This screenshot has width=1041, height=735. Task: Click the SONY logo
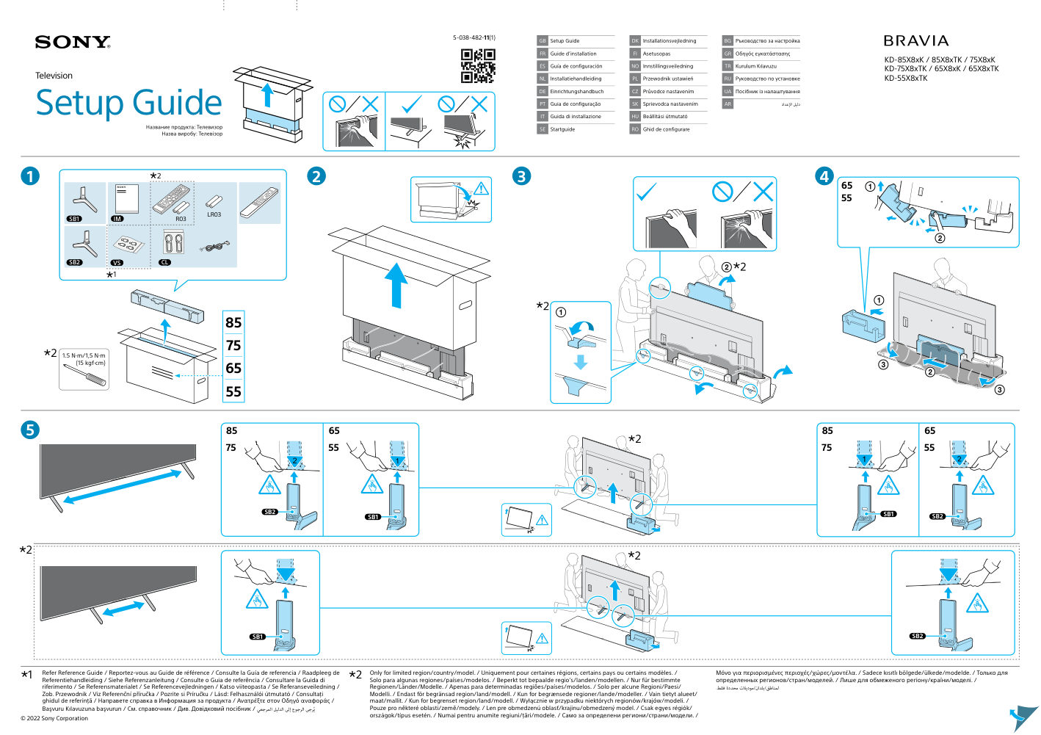(x=72, y=43)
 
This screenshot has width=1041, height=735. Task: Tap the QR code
(x=478, y=65)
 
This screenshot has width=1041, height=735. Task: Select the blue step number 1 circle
(x=30, y=176)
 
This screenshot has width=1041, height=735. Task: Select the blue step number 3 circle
(x=521, y=176)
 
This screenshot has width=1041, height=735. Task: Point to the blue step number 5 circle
(x=30, y=430)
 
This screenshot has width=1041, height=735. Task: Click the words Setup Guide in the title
(x=128, y=103)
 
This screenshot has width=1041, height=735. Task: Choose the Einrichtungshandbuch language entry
(x=576, y=92)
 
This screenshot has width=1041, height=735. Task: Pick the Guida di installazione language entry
(x=575, y=117)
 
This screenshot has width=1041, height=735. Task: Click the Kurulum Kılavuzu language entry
(x=755, y=66)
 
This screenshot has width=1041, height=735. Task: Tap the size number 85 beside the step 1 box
(x=233, y=322)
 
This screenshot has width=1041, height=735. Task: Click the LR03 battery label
(x=214, y=214)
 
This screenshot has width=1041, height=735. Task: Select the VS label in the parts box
(x=117, y=262)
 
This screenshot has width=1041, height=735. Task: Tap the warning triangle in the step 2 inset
(x=482, y=189)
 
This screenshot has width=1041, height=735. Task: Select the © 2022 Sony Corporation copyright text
(x=54, y=718)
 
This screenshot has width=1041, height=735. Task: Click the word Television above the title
(x=54, y=76)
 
